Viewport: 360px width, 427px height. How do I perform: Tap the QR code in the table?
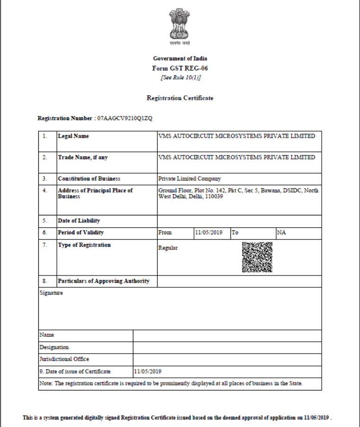tap(257, 257)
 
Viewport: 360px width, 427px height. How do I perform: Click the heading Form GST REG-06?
tap(180, 68)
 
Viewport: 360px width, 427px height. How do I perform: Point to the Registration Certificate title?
tap(180, 98)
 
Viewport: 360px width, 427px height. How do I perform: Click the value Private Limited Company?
tap(189, 179)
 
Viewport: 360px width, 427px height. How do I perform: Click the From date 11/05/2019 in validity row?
tap(209, 233)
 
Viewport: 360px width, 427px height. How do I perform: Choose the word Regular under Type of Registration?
tap(168, 248)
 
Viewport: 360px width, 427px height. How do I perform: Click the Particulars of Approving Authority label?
tap(103, 281)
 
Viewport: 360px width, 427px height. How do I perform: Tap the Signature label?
tap(51, 293)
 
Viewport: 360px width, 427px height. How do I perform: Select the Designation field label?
tap(54, 347)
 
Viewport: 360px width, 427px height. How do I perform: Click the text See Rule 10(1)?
tap(180, 78)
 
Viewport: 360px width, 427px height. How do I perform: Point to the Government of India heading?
tap(180, 58)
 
